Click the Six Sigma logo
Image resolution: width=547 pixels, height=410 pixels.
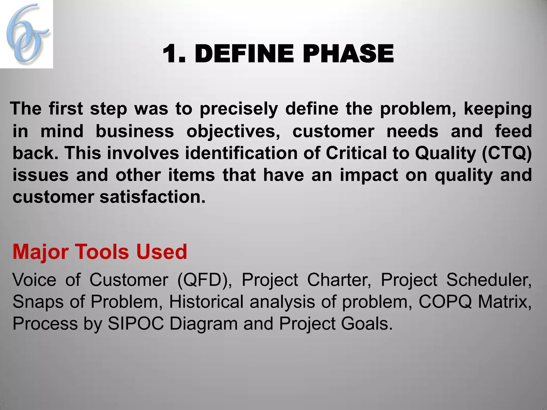[x=26, y=34]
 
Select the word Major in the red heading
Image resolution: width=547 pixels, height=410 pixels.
[x=38, y=252]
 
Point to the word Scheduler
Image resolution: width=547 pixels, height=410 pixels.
[x=489, y=280]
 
